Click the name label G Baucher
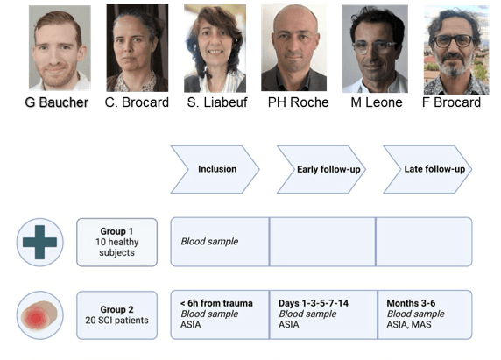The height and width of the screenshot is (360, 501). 57,102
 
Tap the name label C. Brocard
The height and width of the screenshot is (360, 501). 137,102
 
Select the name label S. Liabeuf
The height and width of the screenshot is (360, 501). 217,102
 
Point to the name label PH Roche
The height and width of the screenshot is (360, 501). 298,102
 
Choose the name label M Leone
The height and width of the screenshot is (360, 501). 377,102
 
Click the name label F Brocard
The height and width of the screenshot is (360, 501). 451,102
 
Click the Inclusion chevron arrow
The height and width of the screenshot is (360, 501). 215,169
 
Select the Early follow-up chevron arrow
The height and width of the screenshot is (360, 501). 321,169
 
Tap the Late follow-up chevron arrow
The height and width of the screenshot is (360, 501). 427,169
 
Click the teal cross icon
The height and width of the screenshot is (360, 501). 40,242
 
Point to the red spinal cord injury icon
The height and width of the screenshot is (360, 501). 39,315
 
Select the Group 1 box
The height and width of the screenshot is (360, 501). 117,242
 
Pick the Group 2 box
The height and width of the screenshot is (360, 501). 117,315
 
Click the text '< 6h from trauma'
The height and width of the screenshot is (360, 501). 216,303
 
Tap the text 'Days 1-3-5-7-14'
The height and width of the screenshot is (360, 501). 314,303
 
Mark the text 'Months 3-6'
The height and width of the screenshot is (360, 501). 411,303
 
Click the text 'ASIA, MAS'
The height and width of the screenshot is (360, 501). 409,325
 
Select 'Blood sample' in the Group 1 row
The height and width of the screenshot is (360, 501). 209,242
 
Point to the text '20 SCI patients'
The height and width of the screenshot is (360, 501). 117,320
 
